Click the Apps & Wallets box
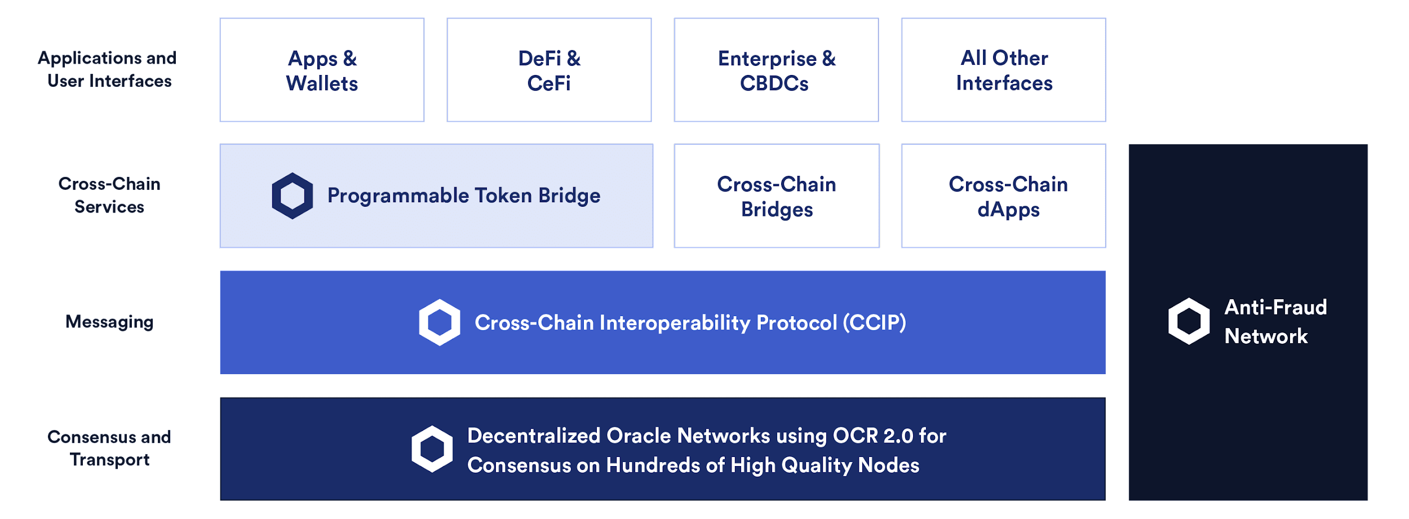(322, 70)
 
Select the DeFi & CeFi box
(549, 70)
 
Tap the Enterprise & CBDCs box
(776, 70)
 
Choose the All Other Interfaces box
(1003, 70)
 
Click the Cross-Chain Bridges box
(777, 196)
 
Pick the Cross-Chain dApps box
(1003, 196)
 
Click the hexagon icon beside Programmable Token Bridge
(292, 196)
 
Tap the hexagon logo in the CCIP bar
(439, 322)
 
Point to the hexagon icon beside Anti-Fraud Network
(1189, 321)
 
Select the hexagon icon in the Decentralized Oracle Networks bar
(432, 449)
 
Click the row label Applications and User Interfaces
(108, 69)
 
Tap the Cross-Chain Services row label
(109, 195)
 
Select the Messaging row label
(109, 322)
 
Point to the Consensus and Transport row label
(109, 448)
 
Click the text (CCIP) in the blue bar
(874, 323)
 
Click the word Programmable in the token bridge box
(398, 196)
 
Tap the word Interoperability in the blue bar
(675, 323)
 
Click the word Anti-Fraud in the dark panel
(1275, 307)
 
